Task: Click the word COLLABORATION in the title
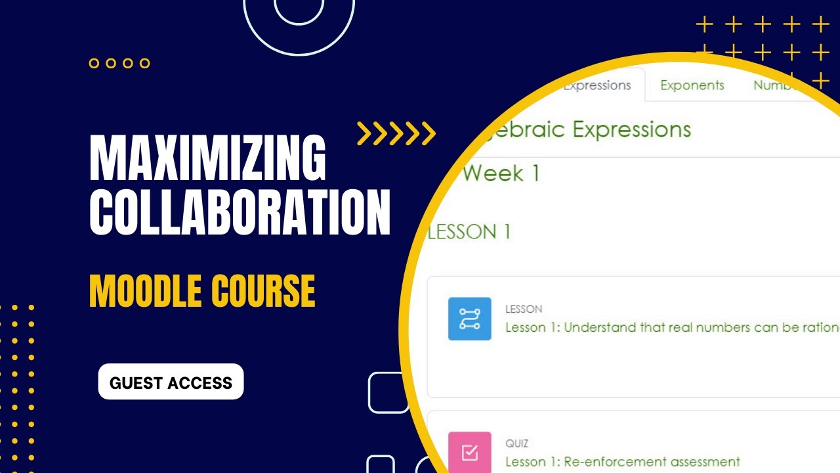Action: [240, 212]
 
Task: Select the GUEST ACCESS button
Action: [171, 382]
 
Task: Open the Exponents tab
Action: [692, 85]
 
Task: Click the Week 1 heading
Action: [501, 174]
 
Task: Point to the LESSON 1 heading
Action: [469, 232]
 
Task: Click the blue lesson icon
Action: [469, 319]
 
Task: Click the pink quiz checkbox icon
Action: [469, 452]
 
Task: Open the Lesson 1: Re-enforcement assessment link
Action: [622, 462]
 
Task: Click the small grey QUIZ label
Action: [516, 444]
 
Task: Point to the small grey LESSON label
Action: [524, 309]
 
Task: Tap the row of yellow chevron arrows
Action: [396, 133]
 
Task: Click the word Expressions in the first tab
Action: [597, 85]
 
